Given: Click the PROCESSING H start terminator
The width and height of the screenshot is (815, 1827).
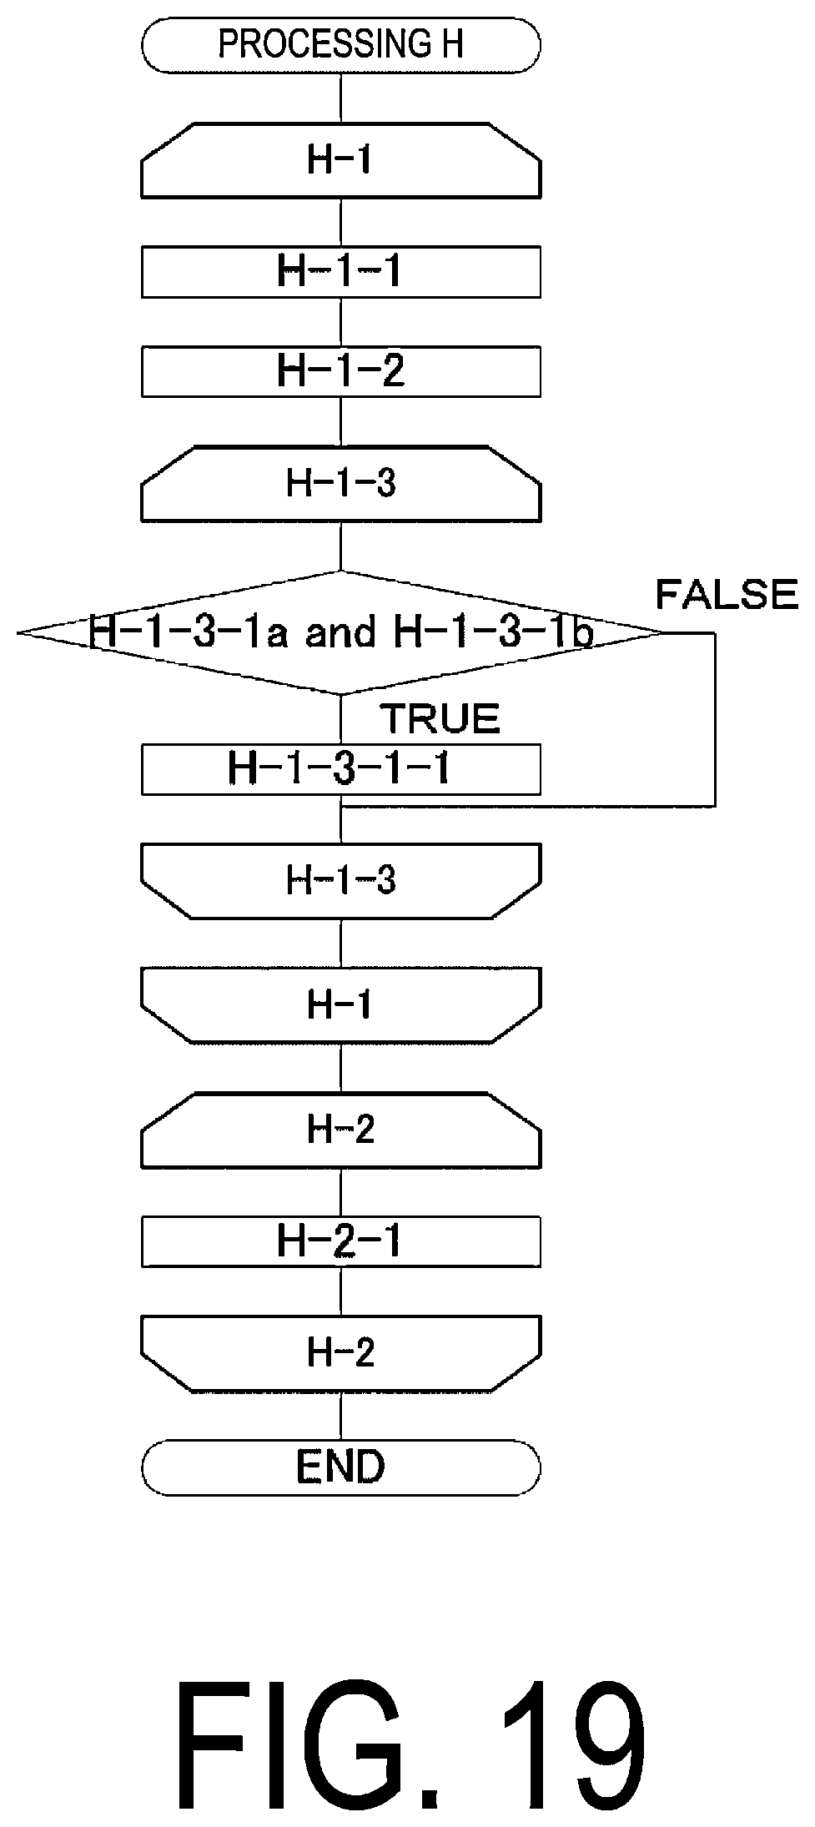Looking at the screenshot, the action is click(341, 45).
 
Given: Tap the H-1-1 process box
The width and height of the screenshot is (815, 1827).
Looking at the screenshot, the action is click(341, 272).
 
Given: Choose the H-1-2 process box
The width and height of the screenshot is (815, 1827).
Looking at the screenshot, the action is click(341, 371).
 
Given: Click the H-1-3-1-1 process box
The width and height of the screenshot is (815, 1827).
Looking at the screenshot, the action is click(341, 769).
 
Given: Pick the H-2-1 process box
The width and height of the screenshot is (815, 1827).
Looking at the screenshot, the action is click(341, 1241).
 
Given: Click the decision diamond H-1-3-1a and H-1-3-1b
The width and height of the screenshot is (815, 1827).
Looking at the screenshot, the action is click(341, 633).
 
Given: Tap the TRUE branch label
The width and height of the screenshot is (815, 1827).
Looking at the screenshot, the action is click(440, 718).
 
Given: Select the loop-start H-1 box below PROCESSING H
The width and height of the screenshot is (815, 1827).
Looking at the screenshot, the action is click(341, 161).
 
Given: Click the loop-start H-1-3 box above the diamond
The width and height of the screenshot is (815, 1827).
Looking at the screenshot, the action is click(341, 484).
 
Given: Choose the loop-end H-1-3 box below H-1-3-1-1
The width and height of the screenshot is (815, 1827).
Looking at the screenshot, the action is click(341, 881).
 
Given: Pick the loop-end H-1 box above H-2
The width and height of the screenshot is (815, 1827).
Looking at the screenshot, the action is click(341, 1005).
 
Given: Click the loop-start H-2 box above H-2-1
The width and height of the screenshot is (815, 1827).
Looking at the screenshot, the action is click(341, 1130).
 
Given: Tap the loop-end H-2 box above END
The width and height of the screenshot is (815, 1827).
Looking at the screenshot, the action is click(341, 1353).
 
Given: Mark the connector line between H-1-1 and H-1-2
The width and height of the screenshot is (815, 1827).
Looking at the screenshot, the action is click(341, 322).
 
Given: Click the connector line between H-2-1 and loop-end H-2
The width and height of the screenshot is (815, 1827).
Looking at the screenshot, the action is click(341, 1291).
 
